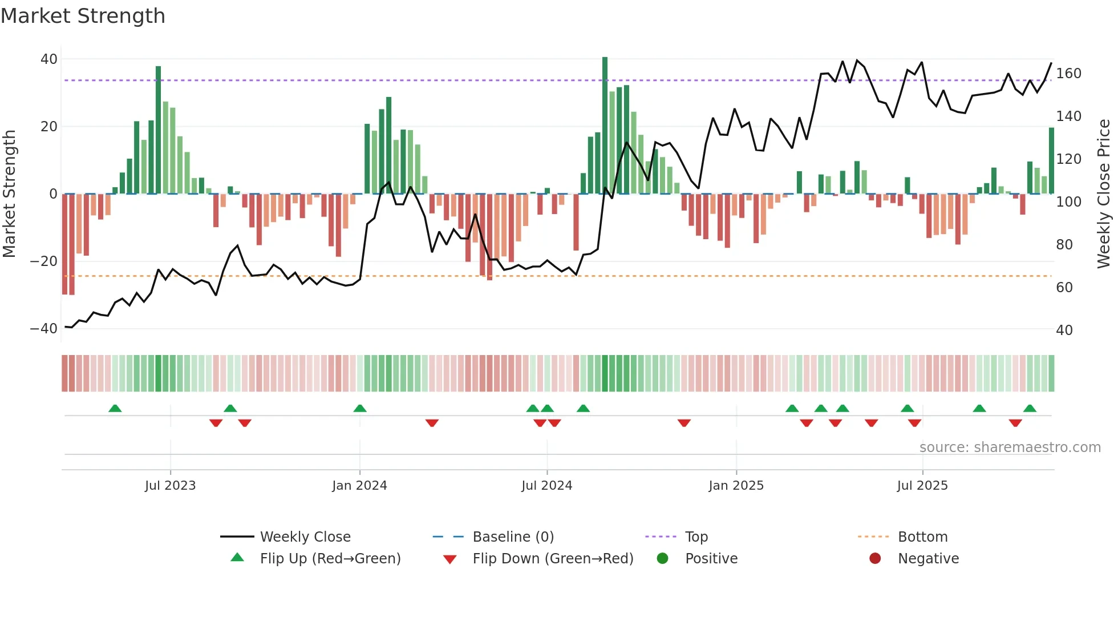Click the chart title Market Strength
[x=83, y=16]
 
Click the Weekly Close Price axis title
[x=1104, y=193]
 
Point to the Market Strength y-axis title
[x=9, y=193]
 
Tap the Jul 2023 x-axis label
[x=170, y=486]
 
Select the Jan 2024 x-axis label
[x=359, y=486]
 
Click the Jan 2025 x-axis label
[x=736, y=486]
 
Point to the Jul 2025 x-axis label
[x=922, y=486]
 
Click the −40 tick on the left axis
[x=44, y=329]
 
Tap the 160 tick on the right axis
[x=1068, y=74]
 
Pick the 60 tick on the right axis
[x=1064, y=288]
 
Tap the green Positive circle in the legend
[x=662, y=559]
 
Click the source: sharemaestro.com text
[x=1010, y=447]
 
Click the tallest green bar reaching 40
[x=605, y=126]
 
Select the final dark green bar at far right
[x=1051, y=161]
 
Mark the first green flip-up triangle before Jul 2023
[x=115, y=409]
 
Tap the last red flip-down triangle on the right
[x=1015, y=423]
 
